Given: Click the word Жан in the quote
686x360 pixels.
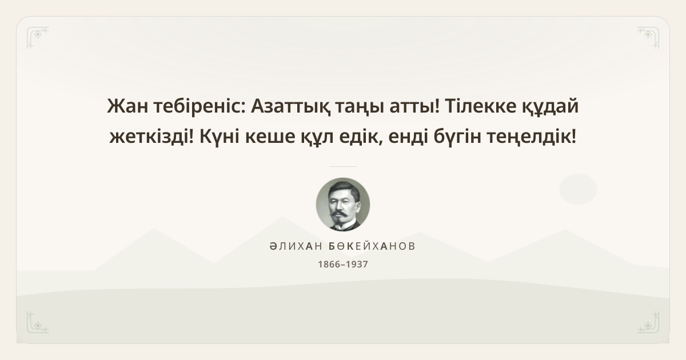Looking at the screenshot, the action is point(127,106).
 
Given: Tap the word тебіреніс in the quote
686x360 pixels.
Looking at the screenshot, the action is point(200,106).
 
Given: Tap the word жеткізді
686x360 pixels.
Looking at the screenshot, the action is point(151,136).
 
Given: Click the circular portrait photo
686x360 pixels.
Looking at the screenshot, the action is point(343,205).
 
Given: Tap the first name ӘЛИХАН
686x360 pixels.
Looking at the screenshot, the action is point(296,246).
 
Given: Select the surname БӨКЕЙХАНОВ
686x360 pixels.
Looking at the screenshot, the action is point(372,246).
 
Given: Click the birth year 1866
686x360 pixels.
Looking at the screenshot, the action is point(329,264).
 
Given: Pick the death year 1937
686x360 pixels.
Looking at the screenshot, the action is point(357,264).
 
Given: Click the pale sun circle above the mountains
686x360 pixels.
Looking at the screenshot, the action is point(578,189).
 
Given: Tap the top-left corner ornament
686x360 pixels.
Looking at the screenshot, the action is point(38,38).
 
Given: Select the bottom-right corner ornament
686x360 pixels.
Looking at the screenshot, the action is point(648,322).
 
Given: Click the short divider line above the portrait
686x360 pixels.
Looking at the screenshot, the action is point(343,166).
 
